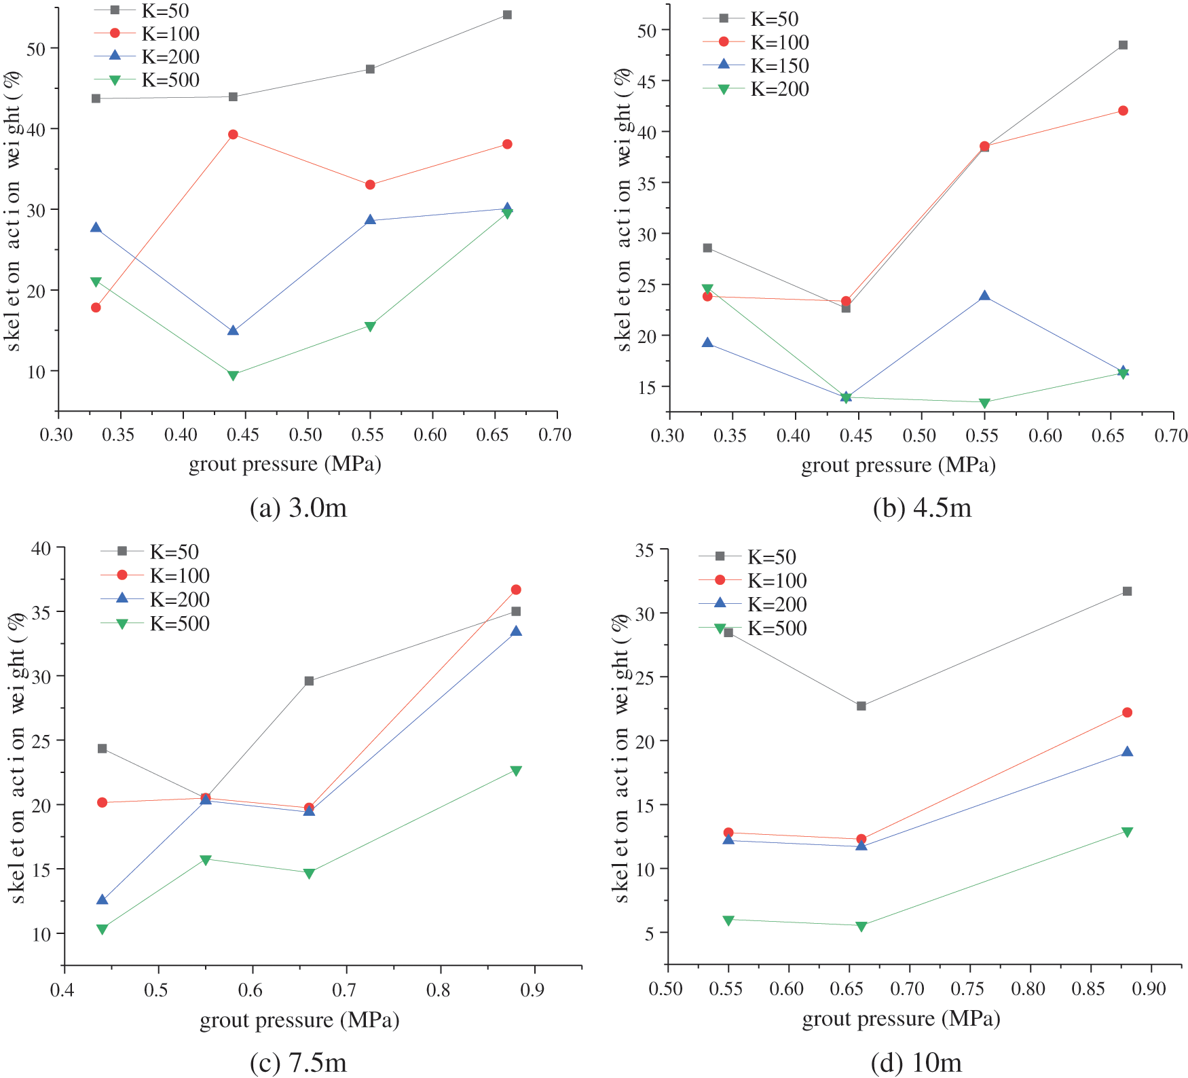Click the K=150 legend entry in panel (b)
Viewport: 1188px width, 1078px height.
click(779, 66)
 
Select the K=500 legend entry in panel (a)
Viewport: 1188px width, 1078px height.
click(170, 80)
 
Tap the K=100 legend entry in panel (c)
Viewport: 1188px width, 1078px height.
click(179, 576)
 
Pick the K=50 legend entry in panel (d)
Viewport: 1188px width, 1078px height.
click(771, 557)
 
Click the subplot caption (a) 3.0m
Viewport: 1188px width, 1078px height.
click(298, 508)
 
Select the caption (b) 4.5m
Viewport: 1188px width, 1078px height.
click(922, 508)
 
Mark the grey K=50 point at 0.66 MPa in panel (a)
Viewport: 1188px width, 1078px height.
click(507, 15)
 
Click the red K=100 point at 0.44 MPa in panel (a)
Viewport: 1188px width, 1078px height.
click(233, 134)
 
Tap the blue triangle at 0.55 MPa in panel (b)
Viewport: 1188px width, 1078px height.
click(984, 295)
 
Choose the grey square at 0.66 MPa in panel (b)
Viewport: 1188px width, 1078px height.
click(1123, 46)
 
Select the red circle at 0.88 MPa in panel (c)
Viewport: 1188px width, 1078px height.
click(516, 590)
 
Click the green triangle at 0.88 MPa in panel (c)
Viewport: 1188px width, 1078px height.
click(516, 771)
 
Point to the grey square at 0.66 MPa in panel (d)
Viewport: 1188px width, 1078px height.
click(861, 706)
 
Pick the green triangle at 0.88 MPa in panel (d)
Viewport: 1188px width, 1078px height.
click(1127, 832)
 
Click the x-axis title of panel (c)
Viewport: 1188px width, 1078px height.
click(299, 1020)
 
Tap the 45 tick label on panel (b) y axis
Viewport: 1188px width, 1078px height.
click(646, 81)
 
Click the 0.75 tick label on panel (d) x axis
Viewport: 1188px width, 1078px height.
click(967, 988)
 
